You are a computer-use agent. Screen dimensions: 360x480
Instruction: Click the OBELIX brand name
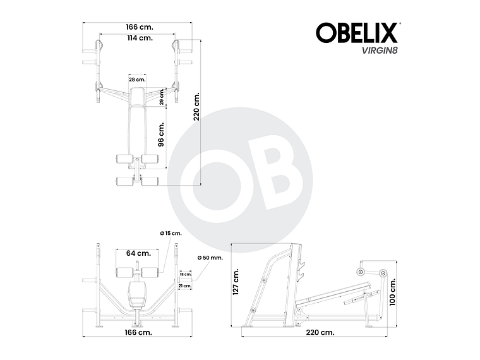click(356, 32)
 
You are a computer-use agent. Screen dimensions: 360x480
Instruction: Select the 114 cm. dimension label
click(139, 38)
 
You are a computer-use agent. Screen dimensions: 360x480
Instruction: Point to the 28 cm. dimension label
click(137, 80)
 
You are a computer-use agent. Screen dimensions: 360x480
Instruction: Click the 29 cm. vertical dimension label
click(162, 97)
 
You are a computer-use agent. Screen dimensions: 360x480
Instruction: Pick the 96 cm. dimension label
click(161, 135)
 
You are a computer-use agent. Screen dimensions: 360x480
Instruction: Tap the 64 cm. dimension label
click(138, 253)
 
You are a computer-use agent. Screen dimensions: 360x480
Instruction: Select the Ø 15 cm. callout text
click(171, 234)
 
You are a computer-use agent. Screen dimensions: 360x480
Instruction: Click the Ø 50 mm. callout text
click(210, 258)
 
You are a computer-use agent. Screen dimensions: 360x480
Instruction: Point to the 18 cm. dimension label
click(185, 275)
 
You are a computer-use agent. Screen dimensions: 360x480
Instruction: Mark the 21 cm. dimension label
click(185, 286)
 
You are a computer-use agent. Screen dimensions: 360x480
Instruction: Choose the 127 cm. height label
click(236, 281)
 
